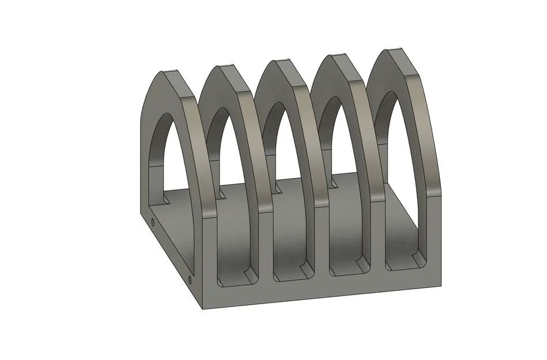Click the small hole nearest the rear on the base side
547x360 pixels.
pos(152,221)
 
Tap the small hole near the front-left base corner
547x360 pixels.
pos(190,281)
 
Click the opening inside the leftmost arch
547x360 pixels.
pos(164,156)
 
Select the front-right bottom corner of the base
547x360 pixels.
pos(442,286)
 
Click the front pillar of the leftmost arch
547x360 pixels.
pos(207,248)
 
